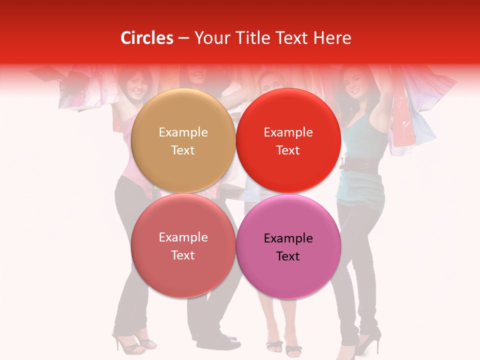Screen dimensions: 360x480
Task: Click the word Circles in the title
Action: (x=146, y=38)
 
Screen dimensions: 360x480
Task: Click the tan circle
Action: (x=183, y=140)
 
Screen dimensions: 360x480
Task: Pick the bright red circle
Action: (x=288, y=140)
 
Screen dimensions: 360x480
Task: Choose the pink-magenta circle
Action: (x=288, y=246)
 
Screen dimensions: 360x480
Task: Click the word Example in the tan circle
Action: (x=183, y=132)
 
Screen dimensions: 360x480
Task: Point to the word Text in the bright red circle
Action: (x=288, y=150)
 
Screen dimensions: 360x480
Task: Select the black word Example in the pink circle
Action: (x=288, y=238)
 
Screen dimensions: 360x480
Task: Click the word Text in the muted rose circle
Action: (x=183, y=255)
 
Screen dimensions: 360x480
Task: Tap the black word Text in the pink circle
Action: (x=288, y=256)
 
